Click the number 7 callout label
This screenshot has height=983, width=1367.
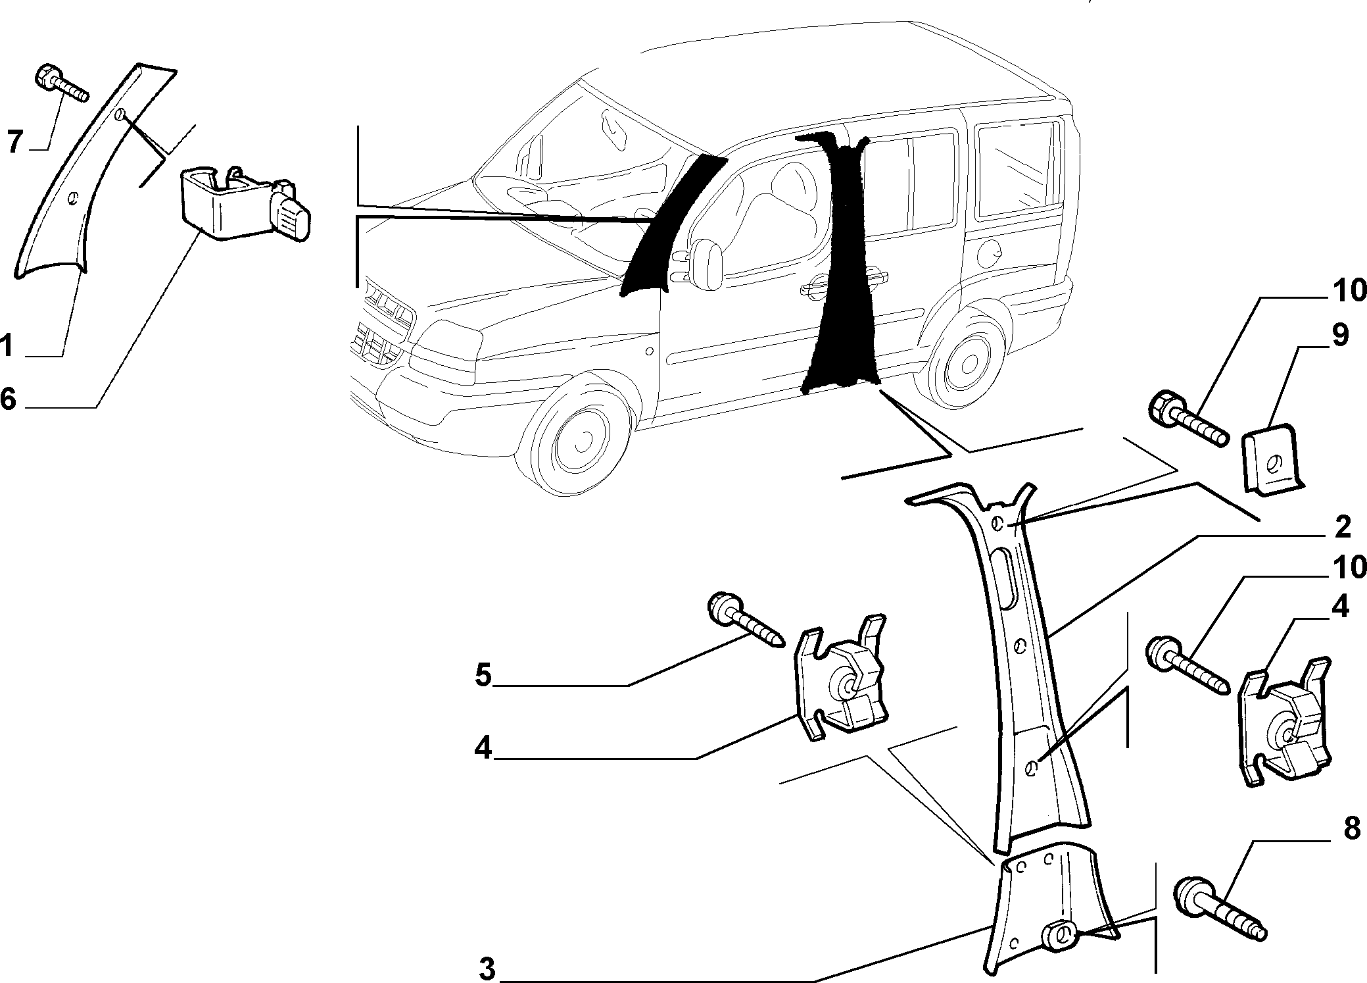(15, 141)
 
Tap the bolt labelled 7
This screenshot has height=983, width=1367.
(60, 84)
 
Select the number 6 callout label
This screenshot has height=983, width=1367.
(8, 399)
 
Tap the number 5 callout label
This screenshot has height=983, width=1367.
(484, 676)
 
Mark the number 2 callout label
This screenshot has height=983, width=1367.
(1342, 527)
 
